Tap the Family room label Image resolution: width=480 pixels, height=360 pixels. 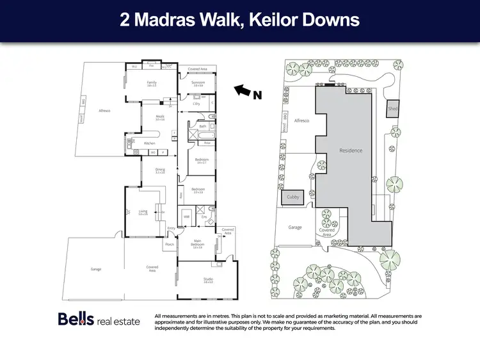pyautogui.click(x=152, y=83)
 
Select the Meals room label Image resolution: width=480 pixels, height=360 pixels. pyautogui.click(x=160, y=116)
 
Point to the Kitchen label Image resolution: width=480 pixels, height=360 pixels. pyautogui.click(x=150, y=143)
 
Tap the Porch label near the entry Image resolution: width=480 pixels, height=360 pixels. pyautogui.click(x=170, y=244)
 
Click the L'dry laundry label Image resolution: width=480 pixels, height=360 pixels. pyautogui.click(x=197, y=103)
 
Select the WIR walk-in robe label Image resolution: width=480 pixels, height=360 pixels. pyautogui.click(x=187, y=217)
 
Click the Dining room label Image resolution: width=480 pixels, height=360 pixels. pyautogui.click(x=161, y=170)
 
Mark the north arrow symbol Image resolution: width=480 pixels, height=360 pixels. pyautogui.click(x=241, y=91)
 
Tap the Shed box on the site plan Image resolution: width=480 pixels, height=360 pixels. pyautogui.click(x=392, y=110)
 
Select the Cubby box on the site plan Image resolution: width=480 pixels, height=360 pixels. pyautogui.click(x=293, y=197)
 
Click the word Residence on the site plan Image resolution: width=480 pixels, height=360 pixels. pyautogui.click(x=351, y=151)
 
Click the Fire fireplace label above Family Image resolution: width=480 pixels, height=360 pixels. pyautogui.click(x=152, y=66)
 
